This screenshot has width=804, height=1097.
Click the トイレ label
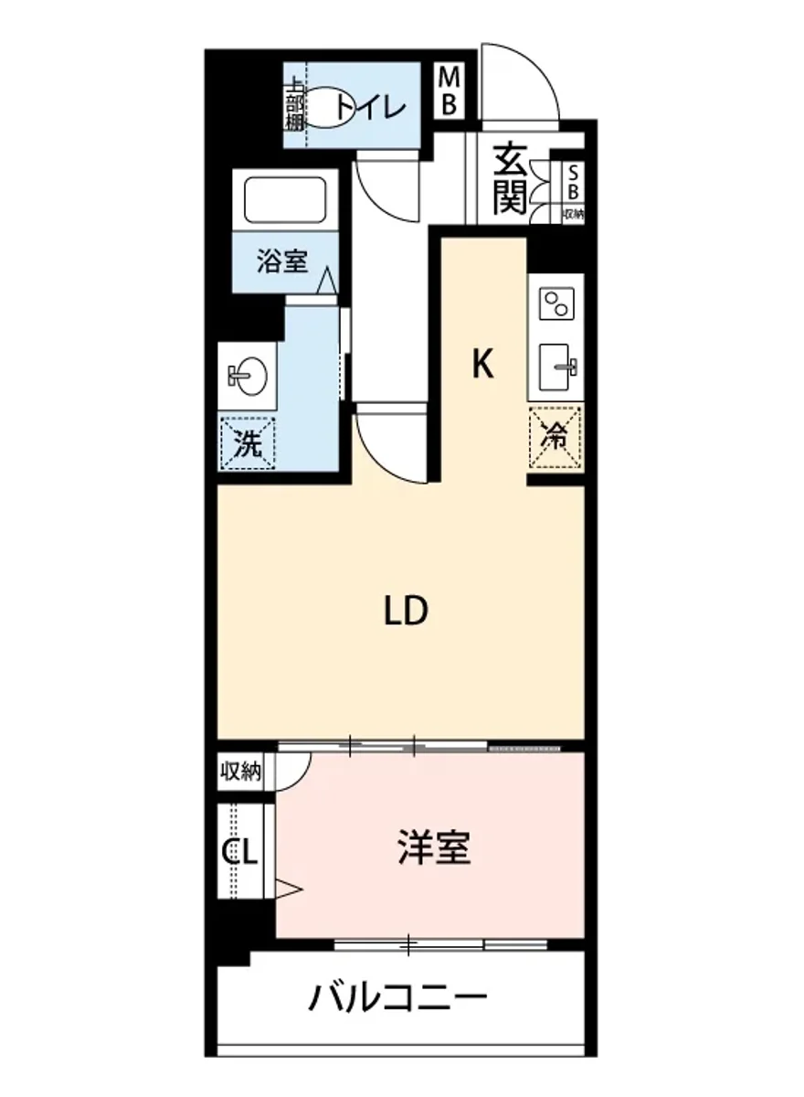369,108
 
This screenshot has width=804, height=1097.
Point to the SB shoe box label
574,183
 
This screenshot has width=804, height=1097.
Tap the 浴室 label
281,263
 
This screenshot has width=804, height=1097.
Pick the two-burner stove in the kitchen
555,303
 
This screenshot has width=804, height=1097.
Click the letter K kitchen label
482,366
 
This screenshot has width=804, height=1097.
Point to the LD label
405,611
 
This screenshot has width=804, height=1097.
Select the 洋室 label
434,848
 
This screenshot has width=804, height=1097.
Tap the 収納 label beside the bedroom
240,772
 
